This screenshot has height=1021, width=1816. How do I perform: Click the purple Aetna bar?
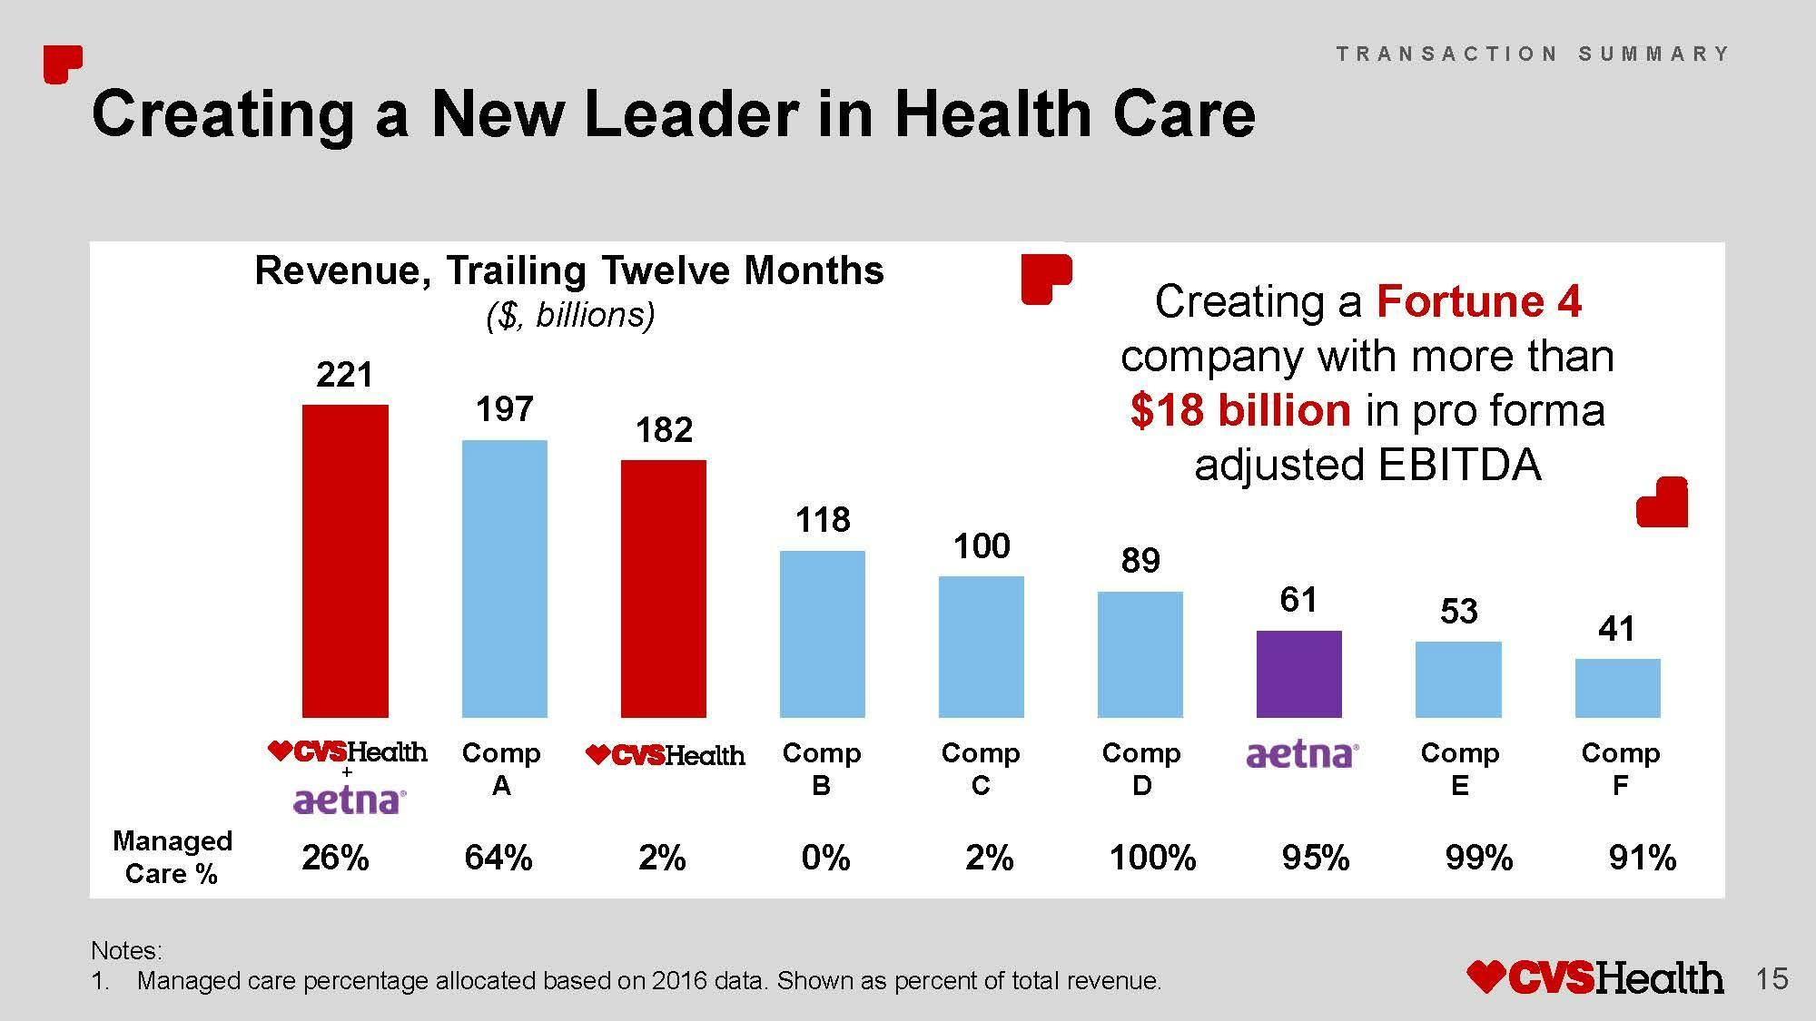pyautogui.click(x=1298, y=673)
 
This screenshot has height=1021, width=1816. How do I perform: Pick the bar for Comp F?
pyautogui.click(x=1617, y=688)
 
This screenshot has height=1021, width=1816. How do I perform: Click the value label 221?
pyautogui.click(x=344, y=375)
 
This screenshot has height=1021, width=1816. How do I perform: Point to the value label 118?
pyautogui.click(x=823, y=520)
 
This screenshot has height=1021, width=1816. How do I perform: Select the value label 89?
pyautogui.click(x=1140, y=561)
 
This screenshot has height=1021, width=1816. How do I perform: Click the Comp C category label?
pyautogui.click(x=981, y=769)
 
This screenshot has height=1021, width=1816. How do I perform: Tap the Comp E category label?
pyautogui.click(x=1459, y=769)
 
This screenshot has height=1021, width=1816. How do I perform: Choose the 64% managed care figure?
pyautogui.click(x=498, y=858)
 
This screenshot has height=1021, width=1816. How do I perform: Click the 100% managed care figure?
pyautogui.click(x=1152, y=858)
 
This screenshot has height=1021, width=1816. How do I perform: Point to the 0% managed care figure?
pyautogui.click(x=825, y=858)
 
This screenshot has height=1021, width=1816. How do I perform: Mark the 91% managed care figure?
pyautogui.click(x=1642, y=858)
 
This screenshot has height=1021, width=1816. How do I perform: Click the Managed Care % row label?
pyautogui.click(x=172, y=857)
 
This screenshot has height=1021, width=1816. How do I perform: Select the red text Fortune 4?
pyautogui.click(x=1478, y=301)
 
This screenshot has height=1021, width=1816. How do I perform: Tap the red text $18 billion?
pyautogui.click(x=1240, y=410)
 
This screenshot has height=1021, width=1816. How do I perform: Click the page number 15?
pyautogui.click(x=1772, y=979)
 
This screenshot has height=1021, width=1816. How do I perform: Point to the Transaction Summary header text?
pyautogui.click(x=1533, y=54)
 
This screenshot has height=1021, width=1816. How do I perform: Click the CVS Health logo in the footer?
pyautogui.click(x=1594, y=977)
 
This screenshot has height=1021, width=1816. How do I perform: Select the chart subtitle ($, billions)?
pyautogui.click(x=570, y=315)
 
